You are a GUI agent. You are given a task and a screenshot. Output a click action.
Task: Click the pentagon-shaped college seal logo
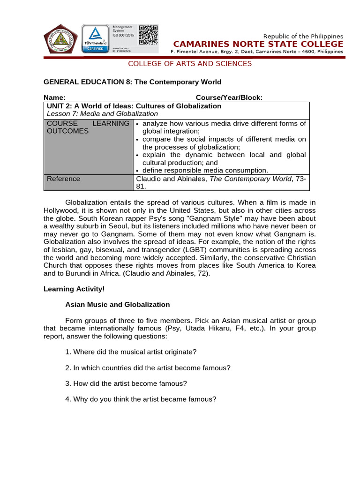pos(61,39)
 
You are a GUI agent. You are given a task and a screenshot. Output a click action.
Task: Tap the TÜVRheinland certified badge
pos(96,39)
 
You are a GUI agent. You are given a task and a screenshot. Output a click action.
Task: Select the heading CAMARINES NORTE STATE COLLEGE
pos(258,44)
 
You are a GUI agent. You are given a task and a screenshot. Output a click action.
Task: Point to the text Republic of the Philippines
pos(303,36)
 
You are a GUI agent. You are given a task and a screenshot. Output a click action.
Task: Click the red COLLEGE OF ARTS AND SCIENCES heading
pos(190,64)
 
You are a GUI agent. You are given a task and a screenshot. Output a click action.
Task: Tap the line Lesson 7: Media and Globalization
pos(103,113)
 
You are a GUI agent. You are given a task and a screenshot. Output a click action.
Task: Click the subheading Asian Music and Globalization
pos(117,305)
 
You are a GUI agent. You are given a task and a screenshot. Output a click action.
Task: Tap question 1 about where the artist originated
pos(131,352)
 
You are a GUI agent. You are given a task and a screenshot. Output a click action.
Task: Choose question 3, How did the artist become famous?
pos(126,383)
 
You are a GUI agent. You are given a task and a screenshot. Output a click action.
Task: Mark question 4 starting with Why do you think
pos(141,399)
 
